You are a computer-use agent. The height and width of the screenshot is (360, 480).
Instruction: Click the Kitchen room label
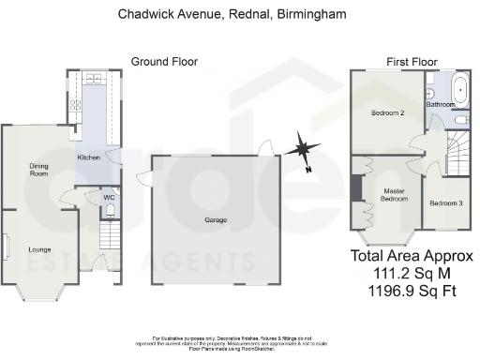pos(88,157)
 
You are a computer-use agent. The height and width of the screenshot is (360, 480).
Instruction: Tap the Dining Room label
pos(37,170)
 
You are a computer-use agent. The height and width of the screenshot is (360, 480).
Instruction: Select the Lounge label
pos(39,248)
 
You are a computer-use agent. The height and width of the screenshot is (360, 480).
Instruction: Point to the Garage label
pos(217,220)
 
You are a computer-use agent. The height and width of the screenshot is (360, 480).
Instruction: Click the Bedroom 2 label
pos(387,113)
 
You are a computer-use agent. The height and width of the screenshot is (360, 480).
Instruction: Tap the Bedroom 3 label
pos(445,203)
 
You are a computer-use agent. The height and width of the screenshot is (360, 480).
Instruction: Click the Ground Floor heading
pos(164,62)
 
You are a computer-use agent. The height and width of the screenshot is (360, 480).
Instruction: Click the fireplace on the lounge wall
pos(6,248)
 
